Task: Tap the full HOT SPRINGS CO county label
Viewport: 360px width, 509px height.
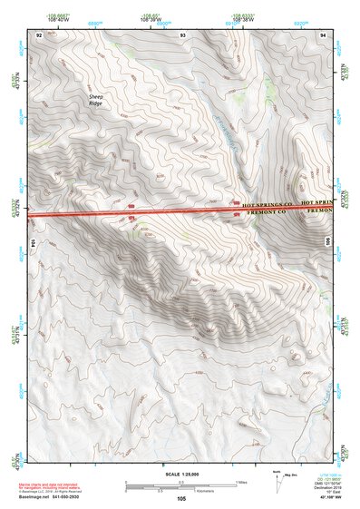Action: click(269, 206)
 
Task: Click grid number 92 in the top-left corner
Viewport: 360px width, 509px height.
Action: click(39, 34)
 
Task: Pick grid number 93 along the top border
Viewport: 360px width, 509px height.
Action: click(184, 34)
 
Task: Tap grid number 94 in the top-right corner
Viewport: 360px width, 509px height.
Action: click(324, 34)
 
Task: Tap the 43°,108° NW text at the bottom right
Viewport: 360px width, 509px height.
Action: click(327, 498)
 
